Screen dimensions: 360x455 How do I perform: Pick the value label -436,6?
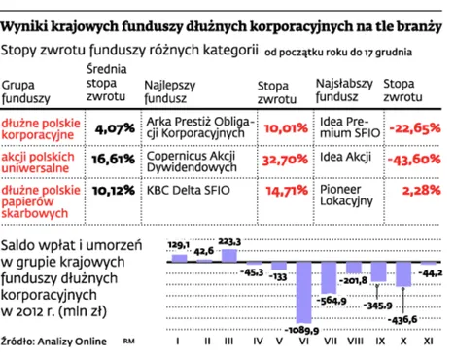(x=402, y=318)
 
